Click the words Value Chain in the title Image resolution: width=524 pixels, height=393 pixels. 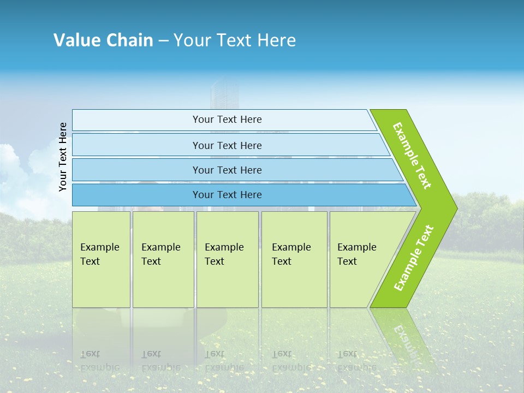(x=103, y=40)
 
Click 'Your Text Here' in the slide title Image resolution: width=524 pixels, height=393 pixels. (x=235, y=40)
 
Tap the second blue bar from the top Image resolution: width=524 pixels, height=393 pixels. (x=227, y=145)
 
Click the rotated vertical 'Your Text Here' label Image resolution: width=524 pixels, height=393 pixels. (x=63, y=157)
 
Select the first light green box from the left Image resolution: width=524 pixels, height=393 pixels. (x=101, y=259)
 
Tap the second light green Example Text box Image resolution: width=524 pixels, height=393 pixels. (x=163, y=259)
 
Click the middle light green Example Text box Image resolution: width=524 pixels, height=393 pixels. (x=227, y=259)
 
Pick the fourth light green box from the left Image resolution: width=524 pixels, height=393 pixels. (x=294, y=259)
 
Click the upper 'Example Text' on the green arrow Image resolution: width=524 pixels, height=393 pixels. (x=412, y=156)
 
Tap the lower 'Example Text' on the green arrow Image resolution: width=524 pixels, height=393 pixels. (x=414, y=258)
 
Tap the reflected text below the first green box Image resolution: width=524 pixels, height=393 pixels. (x=99, y=360)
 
